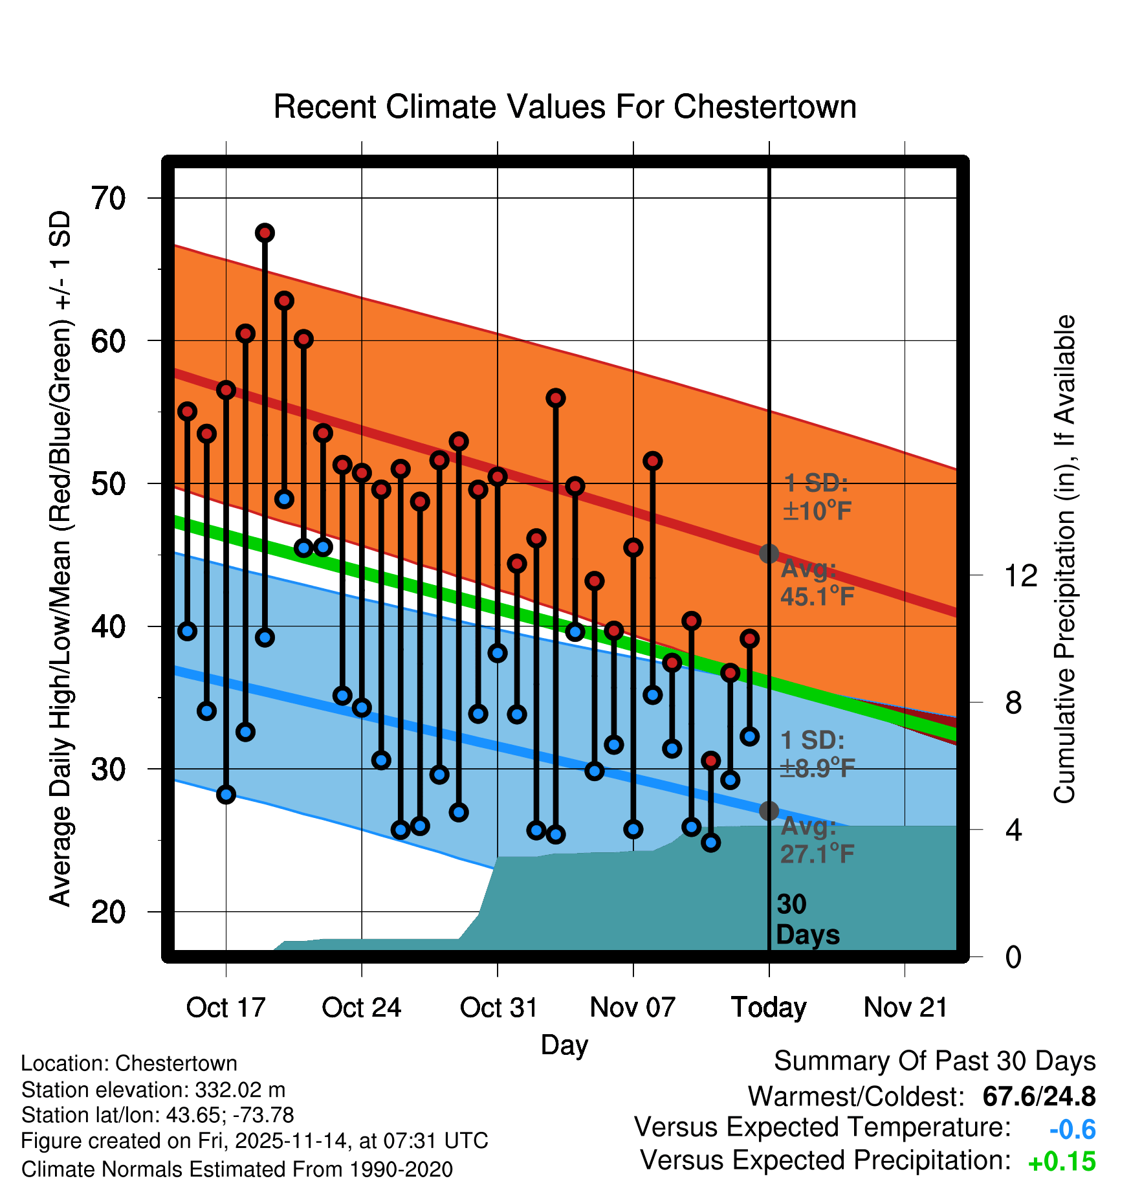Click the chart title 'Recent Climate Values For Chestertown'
pyautogui.click(x=565, y=107)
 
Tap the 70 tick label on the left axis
pyautogui.click(x=108, y=199)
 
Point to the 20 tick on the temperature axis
pyautogui.click(x=108, y=912)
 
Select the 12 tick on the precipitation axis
pyautogui.click(x=1020, y=575)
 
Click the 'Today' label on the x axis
pyautogui.click(x=769, y=1008)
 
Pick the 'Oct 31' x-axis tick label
pyautogui.click(x=498, y=1008)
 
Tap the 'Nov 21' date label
pyautogui.click(x=905, y=1008)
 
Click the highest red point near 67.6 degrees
pyautogui.click(x=265, y=233)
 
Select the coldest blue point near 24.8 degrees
pyautogui.click(x=711, y=843)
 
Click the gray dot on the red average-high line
pyautogui.click(x=769, y=554)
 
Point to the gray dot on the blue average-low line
pyautogui.click(x=769, y=811)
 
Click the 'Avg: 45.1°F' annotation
pyautogui.click(x=817, y=582)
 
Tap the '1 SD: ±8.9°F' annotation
pyautogui.click(x=817, y=754)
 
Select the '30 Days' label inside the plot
pyautogui.click(x=807, y=920)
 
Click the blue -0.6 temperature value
pyautogui.click(x=1072, y=1130)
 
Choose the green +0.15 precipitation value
pyautogui.click(x=1062, y=1162)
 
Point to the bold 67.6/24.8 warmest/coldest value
pyautogui.click(x=1038, y=1097)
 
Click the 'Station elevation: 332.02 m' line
pyautogui.click(x=153, y=1090)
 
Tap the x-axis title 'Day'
pyautogui.click(x=564, y=1045)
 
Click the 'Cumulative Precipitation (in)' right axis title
pyautogui.click(x=1064, y=560)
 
